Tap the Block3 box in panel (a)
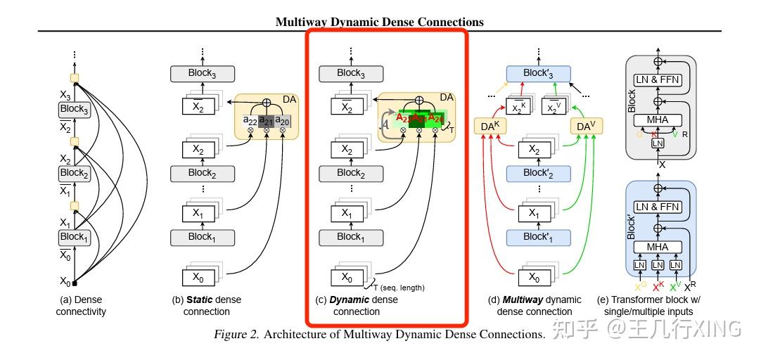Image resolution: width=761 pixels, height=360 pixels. click(x=74, y=110)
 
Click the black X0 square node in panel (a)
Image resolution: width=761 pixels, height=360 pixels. click(x=75, y=283)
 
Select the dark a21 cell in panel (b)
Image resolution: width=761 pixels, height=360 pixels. click(x=267, y=121)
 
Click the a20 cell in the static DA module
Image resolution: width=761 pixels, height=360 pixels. click(x=282, y=121)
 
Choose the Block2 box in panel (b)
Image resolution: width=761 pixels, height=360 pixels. click(x=202, y=172)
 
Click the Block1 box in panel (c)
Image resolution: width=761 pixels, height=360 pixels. click(x=350, y=237)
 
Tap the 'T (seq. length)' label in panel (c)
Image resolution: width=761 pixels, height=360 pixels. click(x=399, y=287)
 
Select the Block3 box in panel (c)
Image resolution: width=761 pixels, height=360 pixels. click(x=350, y=73)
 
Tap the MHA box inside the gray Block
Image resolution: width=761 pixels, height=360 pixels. click(x=658, y=120)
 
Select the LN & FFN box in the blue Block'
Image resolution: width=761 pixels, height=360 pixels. click(x=658, y=207)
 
